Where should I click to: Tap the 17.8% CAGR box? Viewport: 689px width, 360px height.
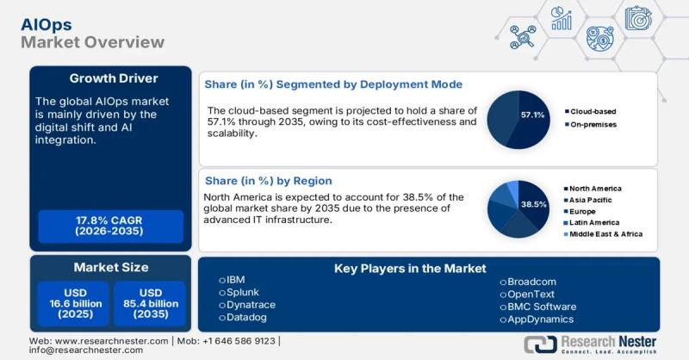[x=110, y=227]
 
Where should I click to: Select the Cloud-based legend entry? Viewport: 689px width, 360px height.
[x=594, y=111]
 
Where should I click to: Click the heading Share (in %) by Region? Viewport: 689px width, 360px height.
[x=268, y=181]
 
